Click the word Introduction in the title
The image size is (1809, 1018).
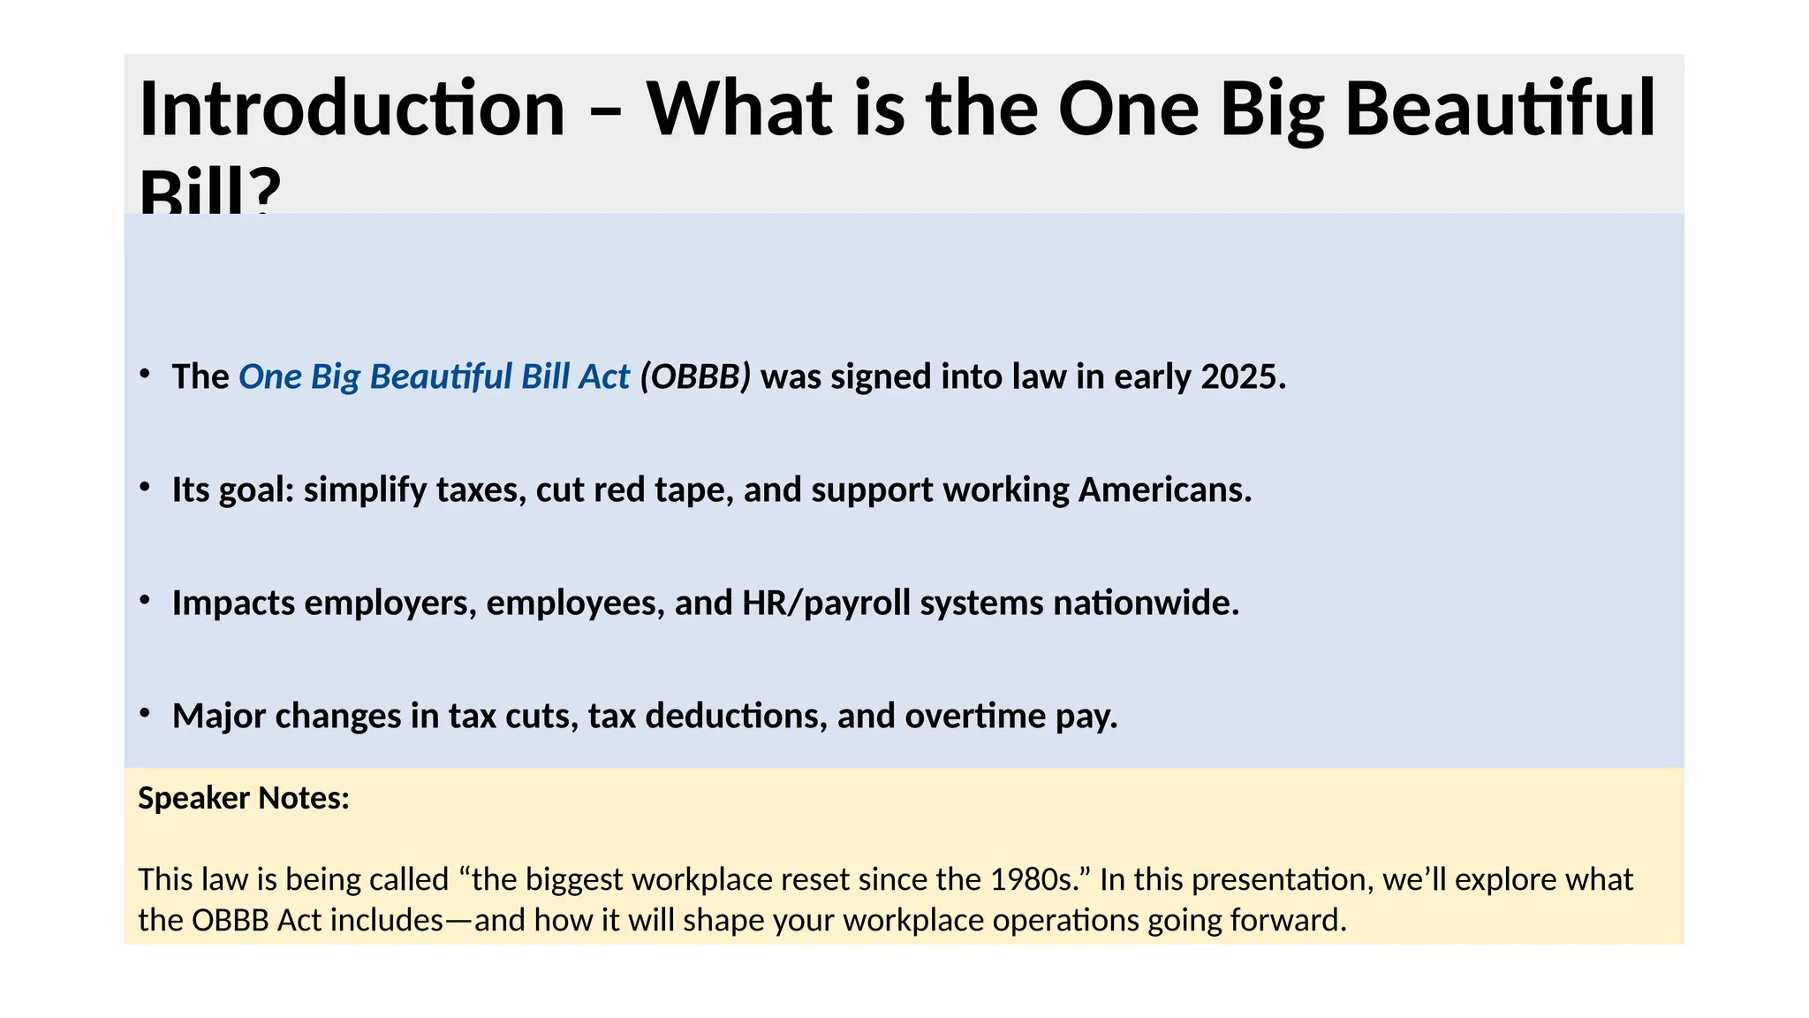coord(352,109)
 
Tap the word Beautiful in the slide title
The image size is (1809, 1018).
coord(1500,109)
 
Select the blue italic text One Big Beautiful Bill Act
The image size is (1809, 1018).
coord(434,377)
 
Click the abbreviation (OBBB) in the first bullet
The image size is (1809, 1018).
coord(695,377)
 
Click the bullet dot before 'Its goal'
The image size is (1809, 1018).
coord(145,487)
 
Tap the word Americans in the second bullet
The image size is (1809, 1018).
coord(1164,490)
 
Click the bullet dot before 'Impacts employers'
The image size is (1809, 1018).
coord(145,600)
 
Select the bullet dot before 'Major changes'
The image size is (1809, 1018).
coord(145,713)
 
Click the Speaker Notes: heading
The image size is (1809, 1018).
coord(244,799)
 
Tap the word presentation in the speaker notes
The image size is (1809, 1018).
coord(1282,880)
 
